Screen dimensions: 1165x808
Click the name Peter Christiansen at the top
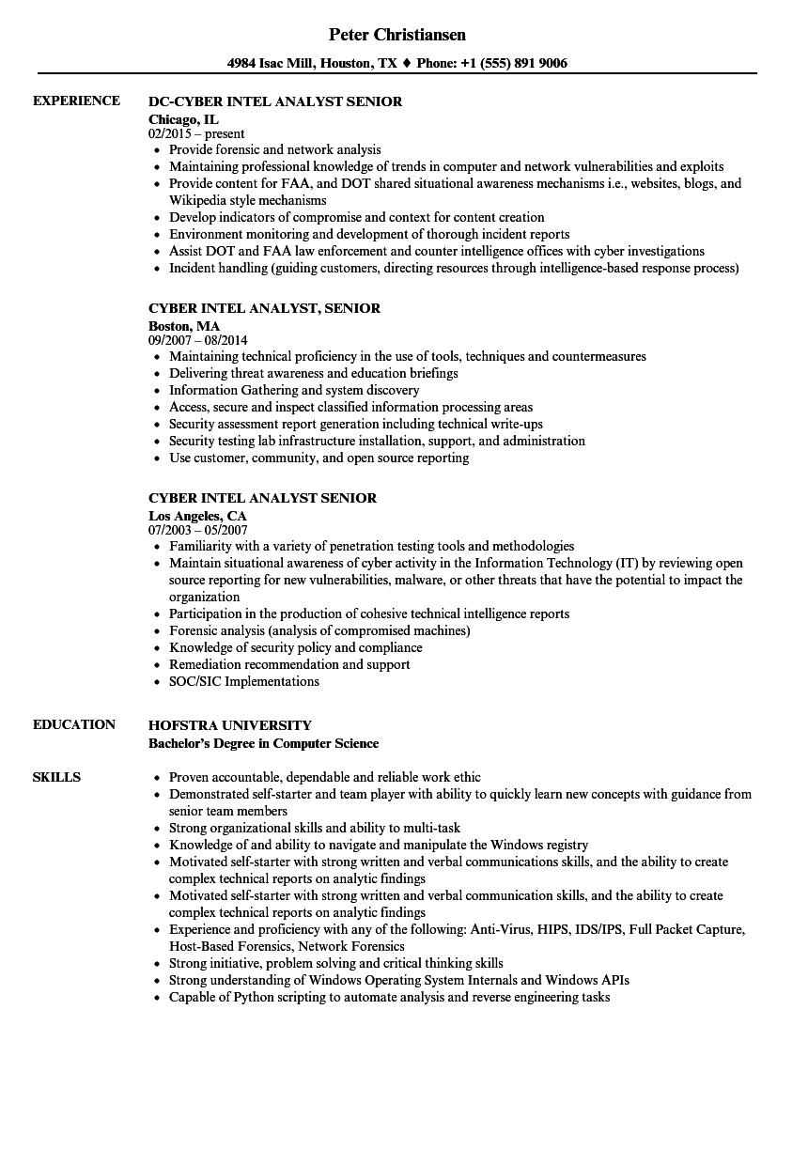tap(397, 35)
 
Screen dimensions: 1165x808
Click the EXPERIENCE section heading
tap(76, 101)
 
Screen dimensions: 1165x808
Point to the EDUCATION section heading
tap(74, 724)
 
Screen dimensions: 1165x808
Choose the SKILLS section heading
tap(56, 777)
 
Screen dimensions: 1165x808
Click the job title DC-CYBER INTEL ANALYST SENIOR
tap(275, 101)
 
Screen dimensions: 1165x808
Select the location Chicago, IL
tap(183, 119)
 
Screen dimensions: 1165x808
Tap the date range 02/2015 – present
tap(196, 133)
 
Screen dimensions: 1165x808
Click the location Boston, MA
tap(184, 326)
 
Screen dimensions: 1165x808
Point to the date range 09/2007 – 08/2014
tap(198, 340)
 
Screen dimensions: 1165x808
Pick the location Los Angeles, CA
tap(197, 516)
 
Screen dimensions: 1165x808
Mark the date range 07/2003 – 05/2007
tap(198, 530)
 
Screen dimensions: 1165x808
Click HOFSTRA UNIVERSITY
tap(230, 725)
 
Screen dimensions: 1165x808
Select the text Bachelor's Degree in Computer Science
tap(263, 743)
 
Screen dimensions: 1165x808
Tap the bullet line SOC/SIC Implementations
tap(244, 681)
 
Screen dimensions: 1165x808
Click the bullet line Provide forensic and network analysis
tap(274, 149)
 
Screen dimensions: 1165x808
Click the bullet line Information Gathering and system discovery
tap(294, 390)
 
